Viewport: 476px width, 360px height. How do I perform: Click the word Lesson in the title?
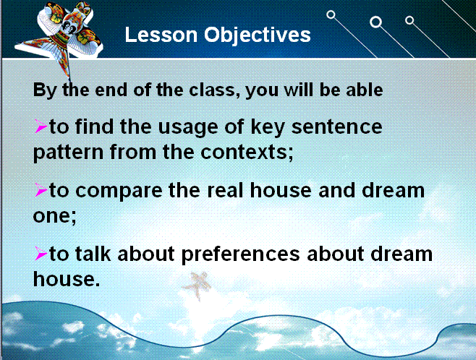tap(161, 34)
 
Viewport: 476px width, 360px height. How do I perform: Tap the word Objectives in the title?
tap(257, 35)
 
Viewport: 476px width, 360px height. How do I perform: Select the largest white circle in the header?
tap(375, 22)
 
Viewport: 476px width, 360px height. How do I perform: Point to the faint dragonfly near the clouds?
tap(197, 286)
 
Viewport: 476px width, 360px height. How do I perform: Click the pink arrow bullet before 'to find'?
tap(41, 127)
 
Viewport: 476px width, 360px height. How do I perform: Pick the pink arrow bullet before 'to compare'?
tap(41, 190)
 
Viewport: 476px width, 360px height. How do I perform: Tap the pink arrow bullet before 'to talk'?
tap(41, 254)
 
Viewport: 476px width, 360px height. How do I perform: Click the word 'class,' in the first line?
tap(213, 90)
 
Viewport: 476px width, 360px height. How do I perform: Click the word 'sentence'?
tap(336, 127)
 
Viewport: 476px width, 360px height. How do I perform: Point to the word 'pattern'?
tap(68, 153)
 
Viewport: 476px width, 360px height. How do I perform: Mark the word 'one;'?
tap(55, 216)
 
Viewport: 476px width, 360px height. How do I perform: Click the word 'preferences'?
tap(240, 254)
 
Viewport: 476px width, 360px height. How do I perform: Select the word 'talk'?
tap(93, 254)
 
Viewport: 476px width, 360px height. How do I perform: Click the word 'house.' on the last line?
tap(67, 279)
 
